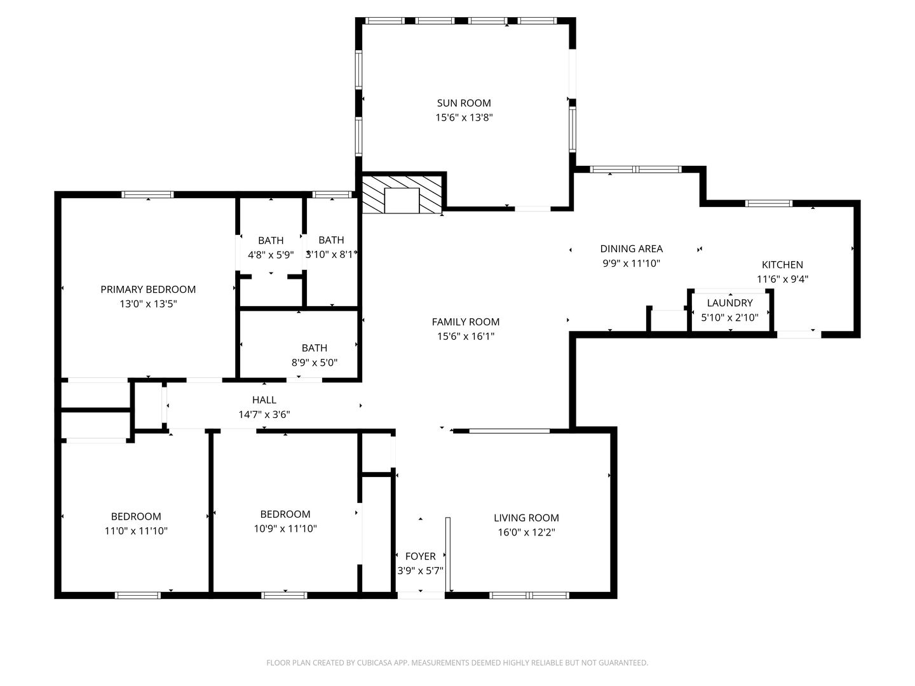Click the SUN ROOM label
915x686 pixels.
point(464,103)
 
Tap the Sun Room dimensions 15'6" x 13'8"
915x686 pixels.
point(464,118)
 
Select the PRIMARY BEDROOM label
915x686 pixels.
point(148,290)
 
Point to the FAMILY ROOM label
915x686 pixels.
point(465,322)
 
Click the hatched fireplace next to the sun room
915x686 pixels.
point(402,194)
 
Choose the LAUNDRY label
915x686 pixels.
point(729,303)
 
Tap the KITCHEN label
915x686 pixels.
point(782,264)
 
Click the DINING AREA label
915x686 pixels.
point(631,248)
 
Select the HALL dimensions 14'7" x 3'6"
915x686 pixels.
point(264,414)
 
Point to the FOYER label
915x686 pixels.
point(420,556)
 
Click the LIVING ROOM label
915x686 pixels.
point(526,518)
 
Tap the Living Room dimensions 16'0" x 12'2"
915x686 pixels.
point(526,532)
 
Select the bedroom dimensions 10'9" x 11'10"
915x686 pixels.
point(285,528)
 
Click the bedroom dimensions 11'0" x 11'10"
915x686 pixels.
point(136,531)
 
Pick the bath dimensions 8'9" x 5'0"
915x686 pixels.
point(315,362)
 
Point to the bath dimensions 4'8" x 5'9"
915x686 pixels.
point(271,255)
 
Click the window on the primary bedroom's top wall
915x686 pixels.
point(147,194)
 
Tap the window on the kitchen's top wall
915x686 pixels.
point(769,203)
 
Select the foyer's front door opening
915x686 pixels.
point(421,596)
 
